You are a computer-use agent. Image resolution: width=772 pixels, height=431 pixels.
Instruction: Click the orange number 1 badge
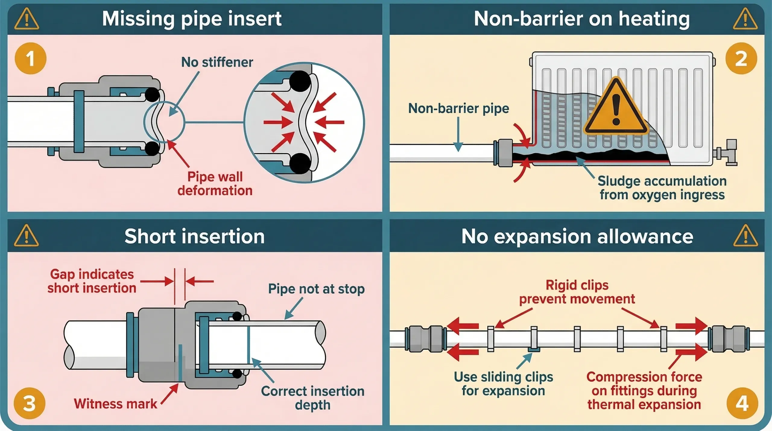30,59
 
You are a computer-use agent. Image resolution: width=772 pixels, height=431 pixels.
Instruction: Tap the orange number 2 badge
741,59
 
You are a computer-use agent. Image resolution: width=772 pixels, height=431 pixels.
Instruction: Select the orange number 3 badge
29,404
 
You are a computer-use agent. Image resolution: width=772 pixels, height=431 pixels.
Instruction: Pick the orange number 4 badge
742,404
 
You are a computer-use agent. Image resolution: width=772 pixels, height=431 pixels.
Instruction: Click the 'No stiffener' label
217,62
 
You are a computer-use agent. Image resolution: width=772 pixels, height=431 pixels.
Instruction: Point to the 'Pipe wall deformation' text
215,184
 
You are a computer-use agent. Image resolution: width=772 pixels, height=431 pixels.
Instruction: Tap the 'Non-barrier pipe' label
458,108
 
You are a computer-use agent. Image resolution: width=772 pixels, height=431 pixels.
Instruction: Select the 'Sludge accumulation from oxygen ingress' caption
662,188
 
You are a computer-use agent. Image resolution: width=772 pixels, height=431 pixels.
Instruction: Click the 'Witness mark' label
115,404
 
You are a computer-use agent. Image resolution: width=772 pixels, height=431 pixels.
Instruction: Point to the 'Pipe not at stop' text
316,289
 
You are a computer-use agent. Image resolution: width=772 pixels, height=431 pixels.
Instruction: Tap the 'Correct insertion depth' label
312,398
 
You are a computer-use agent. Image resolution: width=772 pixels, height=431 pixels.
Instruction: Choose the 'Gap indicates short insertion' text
92,281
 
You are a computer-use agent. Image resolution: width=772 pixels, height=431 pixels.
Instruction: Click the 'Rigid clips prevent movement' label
577,292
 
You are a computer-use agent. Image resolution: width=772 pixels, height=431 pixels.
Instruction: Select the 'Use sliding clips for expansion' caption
503,384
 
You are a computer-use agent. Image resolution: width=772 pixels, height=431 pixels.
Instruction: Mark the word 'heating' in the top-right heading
654,19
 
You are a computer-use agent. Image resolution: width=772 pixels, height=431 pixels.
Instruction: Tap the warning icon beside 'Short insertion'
26,236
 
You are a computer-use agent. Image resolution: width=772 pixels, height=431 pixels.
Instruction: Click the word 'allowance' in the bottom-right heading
645,236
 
